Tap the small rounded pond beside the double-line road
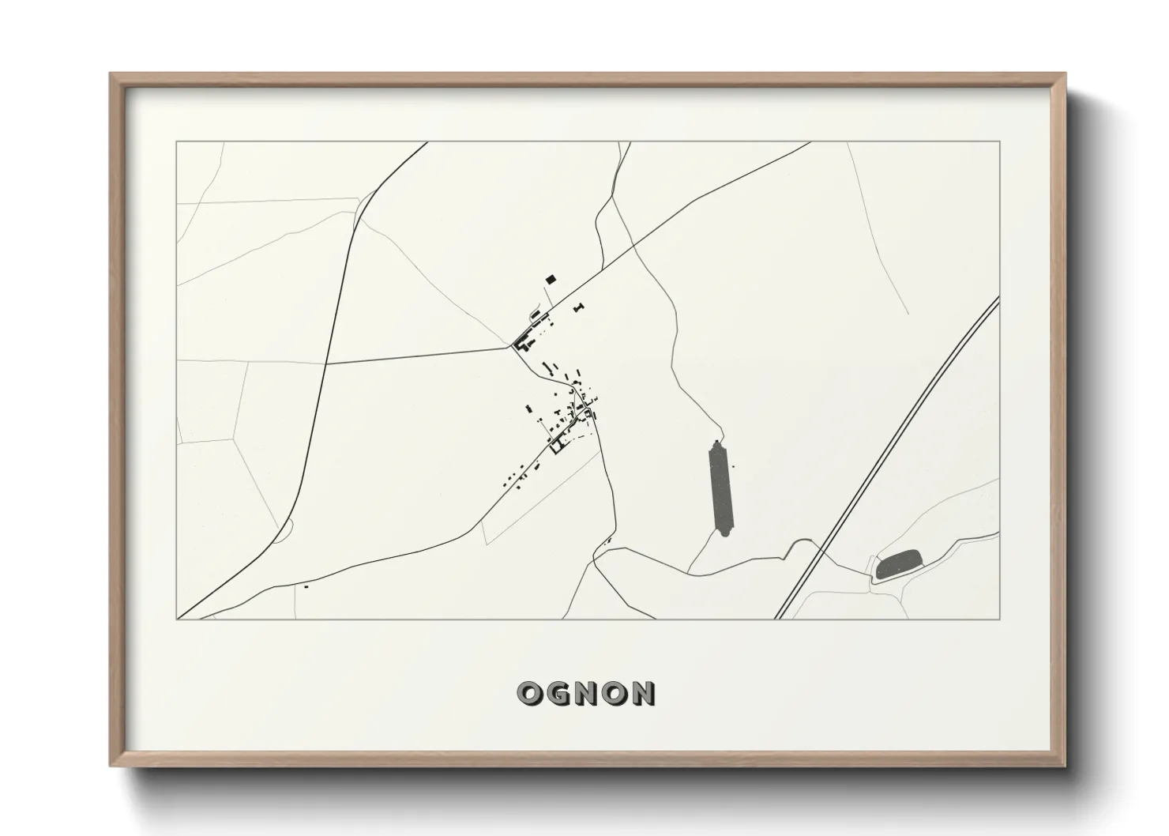pyautogui.click(x=899, y=563)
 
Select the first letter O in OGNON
pyautogui.click(x=529, y=694)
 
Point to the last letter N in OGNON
pyautogui.click(x=642, y=694)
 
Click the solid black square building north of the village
pyautogui.click(x=551, y=279)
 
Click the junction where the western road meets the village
pyautogui.click(x=509, y=346)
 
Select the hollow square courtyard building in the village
pyautogui.click(x=558, y=446)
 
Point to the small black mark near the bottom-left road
pyautogui.click(x=306, y=586)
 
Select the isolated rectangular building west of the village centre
pyautogui.click(x=529, y=409)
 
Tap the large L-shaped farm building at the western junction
pyautogui.click(x=522, y=342)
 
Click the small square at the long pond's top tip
pyautogui.click(x=717, y=442)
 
